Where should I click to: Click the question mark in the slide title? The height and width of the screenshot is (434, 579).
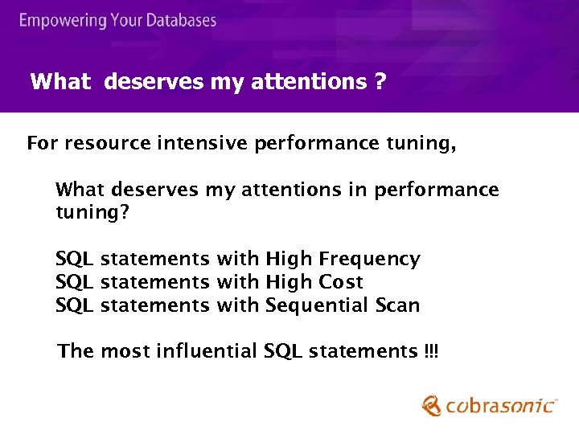(x=380, y=81)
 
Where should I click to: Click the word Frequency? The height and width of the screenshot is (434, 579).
(x=369, y=259)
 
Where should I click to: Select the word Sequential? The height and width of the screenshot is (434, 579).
(x=317, y=305)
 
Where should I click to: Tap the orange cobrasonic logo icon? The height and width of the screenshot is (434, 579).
(x=432, y=405)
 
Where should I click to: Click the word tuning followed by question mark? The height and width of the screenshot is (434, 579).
(x=88, y=214)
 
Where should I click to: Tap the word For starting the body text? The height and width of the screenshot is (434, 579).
(x=43, y=144)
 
